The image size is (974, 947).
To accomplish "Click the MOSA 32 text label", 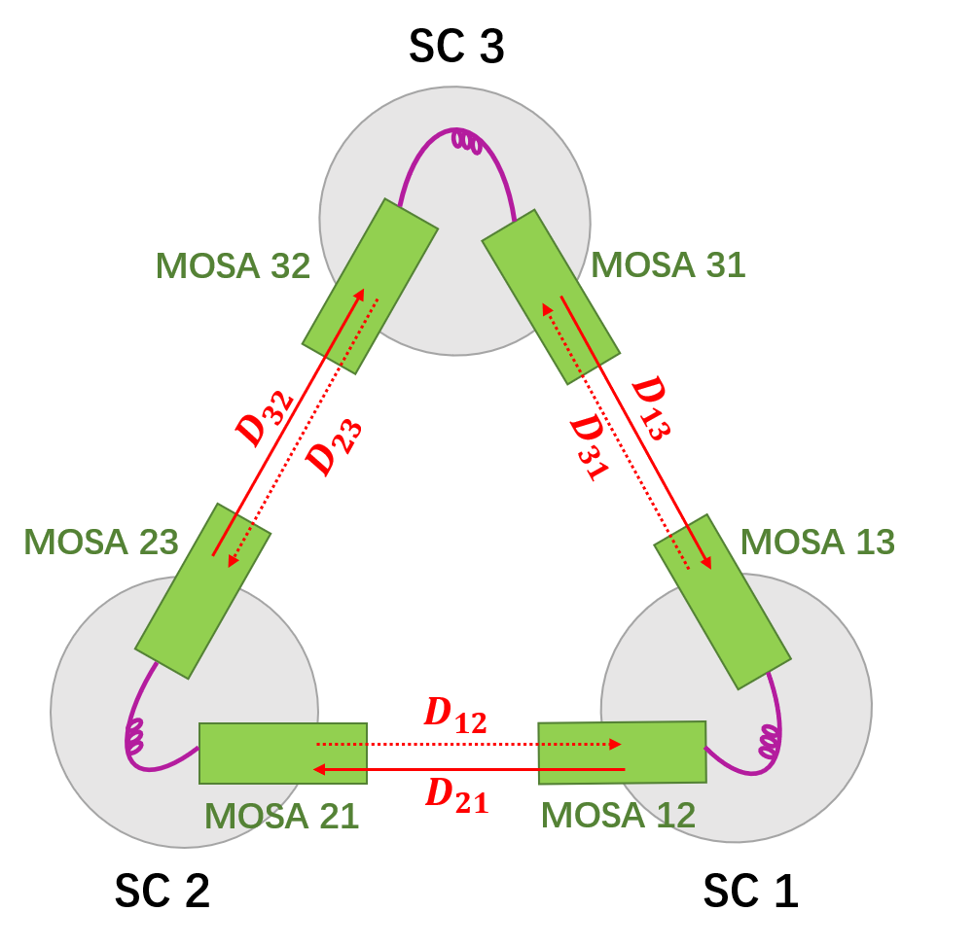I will coord(233,265).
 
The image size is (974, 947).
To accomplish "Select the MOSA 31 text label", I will coord(667,265).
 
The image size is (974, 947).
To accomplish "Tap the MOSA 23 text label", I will coord(101,542).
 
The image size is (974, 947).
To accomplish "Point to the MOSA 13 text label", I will coord(817,542).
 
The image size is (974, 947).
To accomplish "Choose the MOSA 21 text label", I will coord(282,816).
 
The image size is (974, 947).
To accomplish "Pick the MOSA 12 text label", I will coord(618,815).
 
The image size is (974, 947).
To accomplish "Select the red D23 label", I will coord(334,447).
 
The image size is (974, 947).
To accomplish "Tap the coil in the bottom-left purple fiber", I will coord(135,738).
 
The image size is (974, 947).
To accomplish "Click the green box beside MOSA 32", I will coord(370,286).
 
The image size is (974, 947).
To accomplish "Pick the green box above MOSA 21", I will coord(282,753).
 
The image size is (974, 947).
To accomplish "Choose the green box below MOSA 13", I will coord(722,601).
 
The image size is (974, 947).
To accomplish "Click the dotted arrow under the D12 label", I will coord(467,745).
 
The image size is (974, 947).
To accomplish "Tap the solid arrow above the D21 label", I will coord(467,769).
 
